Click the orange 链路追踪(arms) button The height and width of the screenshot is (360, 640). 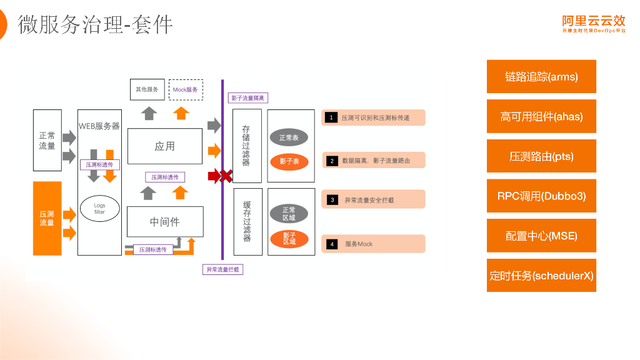pyautogui.click(x=541, y=76)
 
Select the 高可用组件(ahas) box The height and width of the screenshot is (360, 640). pyautogui.click(x=541, y=116)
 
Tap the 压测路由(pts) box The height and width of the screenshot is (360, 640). pyautogui.click(x=541, y=156)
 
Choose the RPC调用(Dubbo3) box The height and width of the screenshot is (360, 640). pyautogui.click(x=541, y=196)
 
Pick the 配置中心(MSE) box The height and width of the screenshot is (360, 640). pyautogui.click(x=541, y=236)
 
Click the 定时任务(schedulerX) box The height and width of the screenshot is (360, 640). pyautogui.click(x=541, y=275)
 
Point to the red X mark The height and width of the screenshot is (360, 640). pyautogui.click(x=226, y=176)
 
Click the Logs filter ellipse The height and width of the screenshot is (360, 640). pyautogui.click(x=99, y=209)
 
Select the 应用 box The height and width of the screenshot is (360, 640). pyautogui.click(x=165, y=146)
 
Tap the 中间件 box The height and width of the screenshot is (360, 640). pyautogui.click(x=165, y=222)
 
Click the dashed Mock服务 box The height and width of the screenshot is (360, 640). pyautogui.click(x=186, y=89)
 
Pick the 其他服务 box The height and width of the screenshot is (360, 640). pyautogui.click(x=147, y=89)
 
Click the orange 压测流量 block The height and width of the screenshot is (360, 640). pyautogui.click(x=47, y=218)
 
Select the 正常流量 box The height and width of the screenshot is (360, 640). pyautogui.click(x=47, y=141)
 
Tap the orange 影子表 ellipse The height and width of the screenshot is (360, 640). pyautogui.click(x=289, y=161)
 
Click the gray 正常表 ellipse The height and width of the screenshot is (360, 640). pyautogui.click(x=289, y=137)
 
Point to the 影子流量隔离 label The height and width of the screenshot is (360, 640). pyautogui.click(x=247, y=98)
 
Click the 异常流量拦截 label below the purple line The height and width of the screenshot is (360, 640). pyautogui.click(x=222, y=269)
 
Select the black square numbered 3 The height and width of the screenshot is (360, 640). pyautogui.click(x=332, y=200)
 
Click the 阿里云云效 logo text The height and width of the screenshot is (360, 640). pyautogui.click(x=593, y=21)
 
